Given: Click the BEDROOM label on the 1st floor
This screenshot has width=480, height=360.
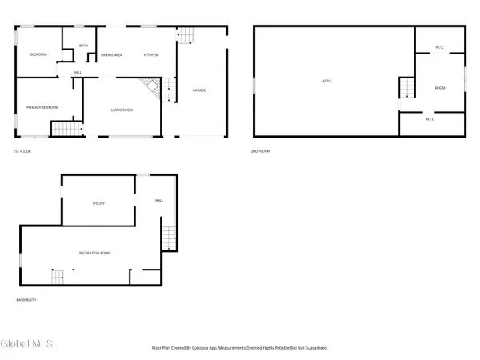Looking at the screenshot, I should click(38, 54).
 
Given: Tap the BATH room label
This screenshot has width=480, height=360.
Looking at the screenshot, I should click(84, 46).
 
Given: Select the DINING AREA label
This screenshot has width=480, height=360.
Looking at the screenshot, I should click(111, 54).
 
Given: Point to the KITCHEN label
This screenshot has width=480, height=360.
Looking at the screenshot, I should click(150, 54).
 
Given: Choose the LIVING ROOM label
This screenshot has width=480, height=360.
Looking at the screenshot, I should click(122, 110).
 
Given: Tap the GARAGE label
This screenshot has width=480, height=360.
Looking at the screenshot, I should click(199, 90).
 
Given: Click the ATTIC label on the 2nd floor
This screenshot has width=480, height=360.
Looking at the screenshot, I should click(326, 81).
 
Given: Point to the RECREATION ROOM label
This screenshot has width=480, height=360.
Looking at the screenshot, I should click(94, 253).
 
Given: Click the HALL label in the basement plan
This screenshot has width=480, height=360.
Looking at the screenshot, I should click(158, 201).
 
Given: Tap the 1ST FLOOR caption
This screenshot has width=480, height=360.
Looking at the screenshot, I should click(22, 150).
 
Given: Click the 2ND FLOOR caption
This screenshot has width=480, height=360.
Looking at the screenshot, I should click(259, 150).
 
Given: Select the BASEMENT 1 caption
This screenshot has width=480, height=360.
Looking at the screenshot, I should click(26, 300).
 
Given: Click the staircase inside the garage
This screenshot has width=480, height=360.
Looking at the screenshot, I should click(185, 35).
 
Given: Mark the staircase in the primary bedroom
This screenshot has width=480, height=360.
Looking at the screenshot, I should click(66, 129).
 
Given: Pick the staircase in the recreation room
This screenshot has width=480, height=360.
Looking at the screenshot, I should click(58, 278).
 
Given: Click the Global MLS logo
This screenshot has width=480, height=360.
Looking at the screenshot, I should click(27, 344).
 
